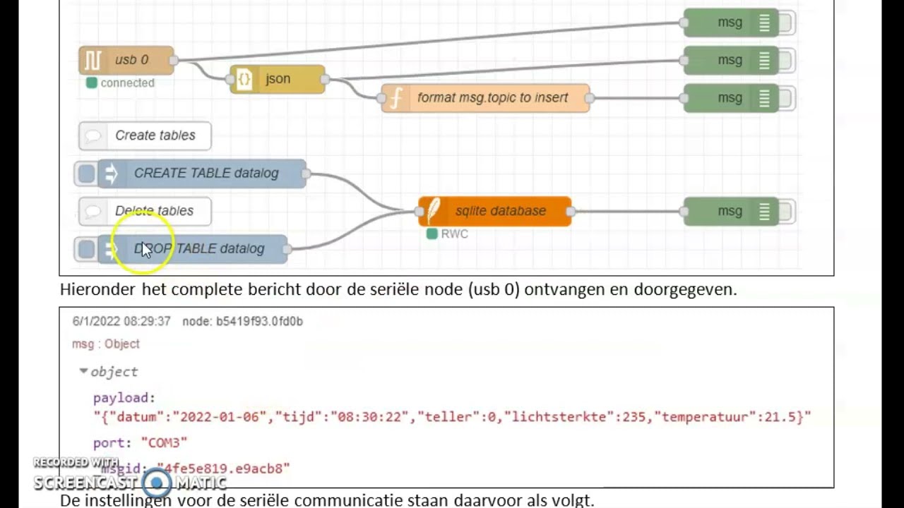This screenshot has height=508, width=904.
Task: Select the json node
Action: coord(278,79)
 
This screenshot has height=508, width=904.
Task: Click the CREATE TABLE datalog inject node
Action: coord(206,174)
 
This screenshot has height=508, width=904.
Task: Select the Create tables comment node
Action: coord(154,135)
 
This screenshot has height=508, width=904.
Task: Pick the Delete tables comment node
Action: coord(153,211)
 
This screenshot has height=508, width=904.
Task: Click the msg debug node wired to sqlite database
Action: coord(730,211)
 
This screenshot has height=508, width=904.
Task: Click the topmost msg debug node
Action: coord(730,23)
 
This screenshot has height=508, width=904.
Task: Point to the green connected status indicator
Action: coord(92,83)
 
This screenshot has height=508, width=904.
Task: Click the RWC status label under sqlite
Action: coord(454,234)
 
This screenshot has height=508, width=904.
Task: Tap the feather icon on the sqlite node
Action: coord(433,211)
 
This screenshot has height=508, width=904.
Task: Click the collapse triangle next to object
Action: coord(83,371)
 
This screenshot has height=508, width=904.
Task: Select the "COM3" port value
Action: coord(164,443)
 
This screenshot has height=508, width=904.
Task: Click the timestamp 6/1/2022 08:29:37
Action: coord(121,322)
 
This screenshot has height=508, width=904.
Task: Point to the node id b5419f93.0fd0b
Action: coord(259,322)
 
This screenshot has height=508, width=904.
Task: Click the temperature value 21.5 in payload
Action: coord(788,417)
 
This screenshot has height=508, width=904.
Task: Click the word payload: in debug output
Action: coord(124,399)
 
